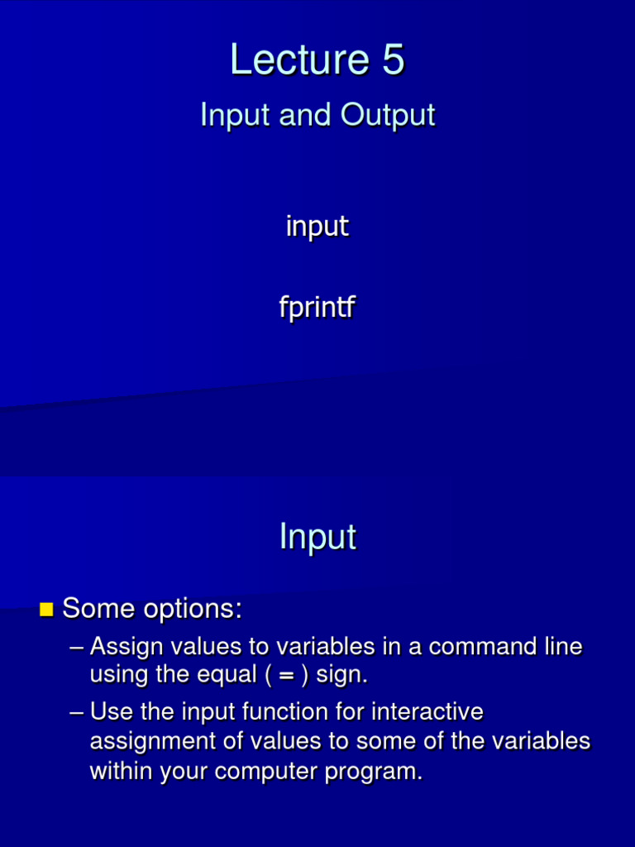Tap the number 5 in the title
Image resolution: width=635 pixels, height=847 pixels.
pos(393,60)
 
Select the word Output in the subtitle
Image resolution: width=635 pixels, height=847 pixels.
pos(388,114)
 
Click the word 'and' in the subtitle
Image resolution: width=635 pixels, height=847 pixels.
pos(305,114)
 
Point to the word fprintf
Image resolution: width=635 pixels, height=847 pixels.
pos(317,308)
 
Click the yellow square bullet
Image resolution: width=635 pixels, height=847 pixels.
pos(46,610)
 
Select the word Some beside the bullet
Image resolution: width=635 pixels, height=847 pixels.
pos(98,609)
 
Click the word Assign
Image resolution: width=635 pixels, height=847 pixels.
pos(127,646)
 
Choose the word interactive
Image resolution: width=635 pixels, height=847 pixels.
pos(427,711)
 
